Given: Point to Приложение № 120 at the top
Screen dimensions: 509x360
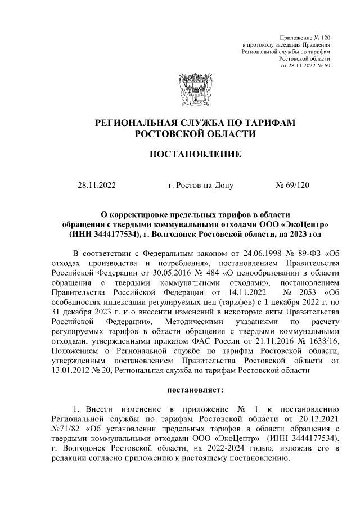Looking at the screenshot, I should (x=307, y=36).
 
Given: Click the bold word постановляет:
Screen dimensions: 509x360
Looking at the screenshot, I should (x=195, y=389).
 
